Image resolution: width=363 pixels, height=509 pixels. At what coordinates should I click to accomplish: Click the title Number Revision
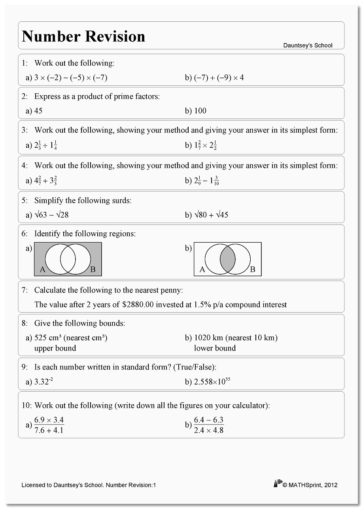pyautogui.click(x=83, y=36)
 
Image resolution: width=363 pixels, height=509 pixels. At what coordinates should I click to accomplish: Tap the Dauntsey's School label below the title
pyautogui.click(x=308, y=45)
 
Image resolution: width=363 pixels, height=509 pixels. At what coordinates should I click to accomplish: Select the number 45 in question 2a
pyautogui.click(x=38, y=111)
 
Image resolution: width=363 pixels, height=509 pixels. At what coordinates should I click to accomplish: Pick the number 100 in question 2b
pyautogui.click(x=200, y=111)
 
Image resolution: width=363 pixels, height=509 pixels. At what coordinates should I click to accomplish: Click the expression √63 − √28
pyautogui.click(x=51, y=215)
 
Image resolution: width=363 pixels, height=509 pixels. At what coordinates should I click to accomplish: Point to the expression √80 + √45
pyautogui.click(x=211, y=215)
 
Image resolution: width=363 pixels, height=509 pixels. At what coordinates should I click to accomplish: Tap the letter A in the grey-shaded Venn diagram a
pyautogui.click(x=43, y=270)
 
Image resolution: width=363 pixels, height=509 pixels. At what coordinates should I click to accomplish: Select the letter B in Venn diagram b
pyautogui.click(x=253, y=270)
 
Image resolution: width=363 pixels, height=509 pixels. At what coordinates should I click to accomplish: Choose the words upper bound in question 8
pyautogui.click(x=55, y=348)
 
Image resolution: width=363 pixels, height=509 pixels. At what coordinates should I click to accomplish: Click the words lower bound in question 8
pyautogui.click(x=215, y=348)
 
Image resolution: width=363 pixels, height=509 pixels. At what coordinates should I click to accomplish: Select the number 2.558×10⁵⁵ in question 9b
pyautogui.click(x=212, y=382)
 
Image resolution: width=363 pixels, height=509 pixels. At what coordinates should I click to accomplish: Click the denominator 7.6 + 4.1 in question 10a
pyautogui.click(x=49, y=430)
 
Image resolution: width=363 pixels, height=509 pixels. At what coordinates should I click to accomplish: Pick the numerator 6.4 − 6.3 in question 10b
pyautogui.click(x=209, y=420)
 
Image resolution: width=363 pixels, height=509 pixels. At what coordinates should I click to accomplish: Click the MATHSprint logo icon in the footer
pyautogui.click(x=278, y=484)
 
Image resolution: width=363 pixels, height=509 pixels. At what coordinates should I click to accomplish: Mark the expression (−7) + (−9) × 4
pyautogui.click(x=219, y=78)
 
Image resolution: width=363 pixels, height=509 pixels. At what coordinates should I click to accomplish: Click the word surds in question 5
pyautogui.click(x=121, y=201)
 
